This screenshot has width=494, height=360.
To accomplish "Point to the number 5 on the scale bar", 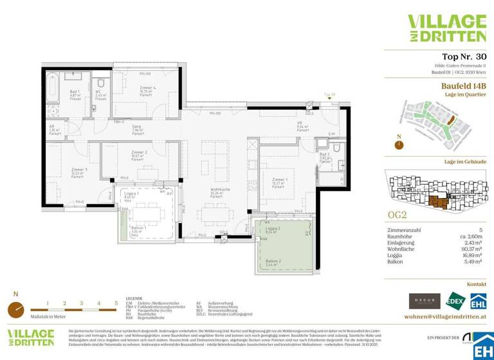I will pos(116,302).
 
